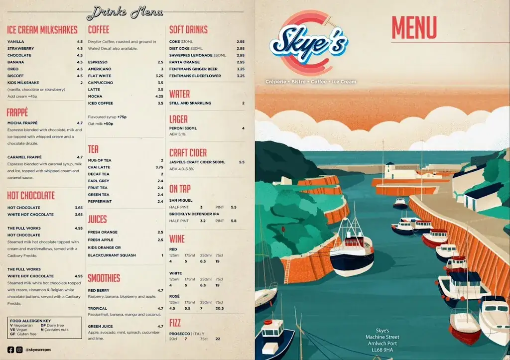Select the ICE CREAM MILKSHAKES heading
[42, 30]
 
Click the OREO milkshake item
[13, 69]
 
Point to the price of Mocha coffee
[159, 96]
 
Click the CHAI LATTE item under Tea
[100, 167]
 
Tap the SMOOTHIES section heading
[104, 278]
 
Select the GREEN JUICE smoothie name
[100, 326]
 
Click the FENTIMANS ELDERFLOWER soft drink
[194, 76]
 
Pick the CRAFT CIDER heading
[188, 153]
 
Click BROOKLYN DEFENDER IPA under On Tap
[194, 214]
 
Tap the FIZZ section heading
[175, 322]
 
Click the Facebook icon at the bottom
[11, 350]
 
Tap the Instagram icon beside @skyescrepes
[19, 350]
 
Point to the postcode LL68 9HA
[382, 350]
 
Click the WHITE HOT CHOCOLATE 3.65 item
[31, 215]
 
